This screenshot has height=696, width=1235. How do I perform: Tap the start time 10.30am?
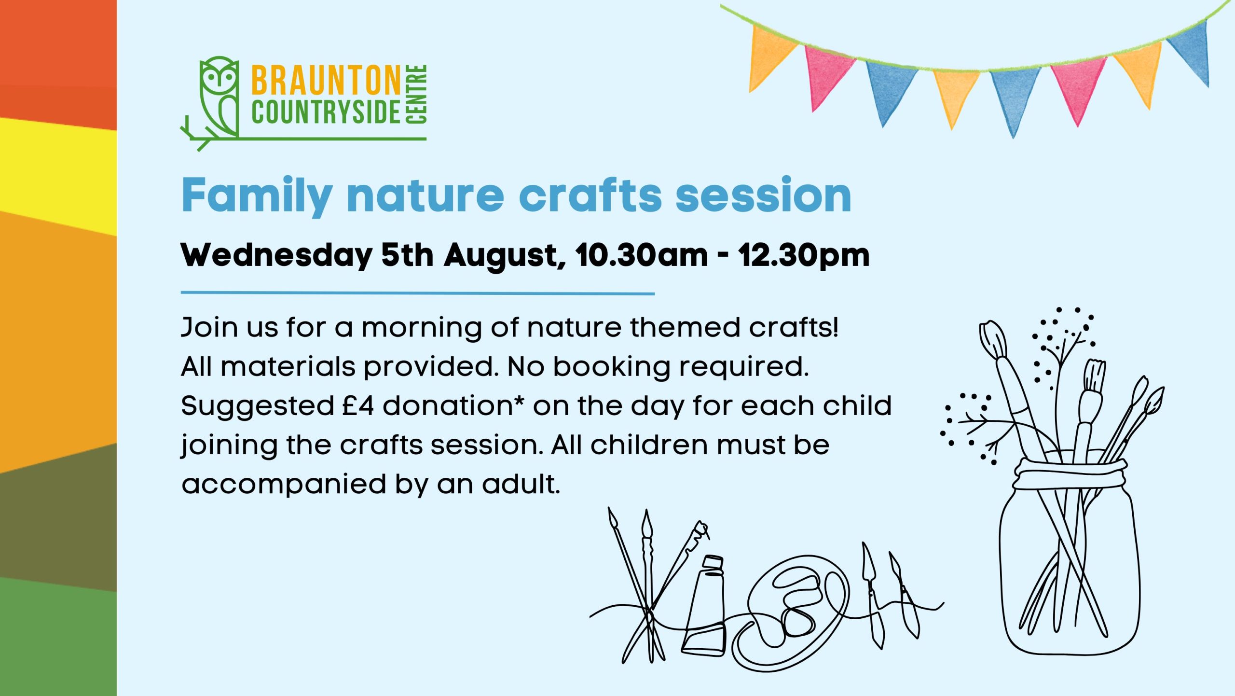tap(642, 255)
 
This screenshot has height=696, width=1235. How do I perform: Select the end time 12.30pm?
tap(804, 256)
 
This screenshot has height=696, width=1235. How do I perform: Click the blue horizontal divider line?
tap(418, 293)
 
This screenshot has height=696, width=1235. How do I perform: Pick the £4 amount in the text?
tap(358, 405)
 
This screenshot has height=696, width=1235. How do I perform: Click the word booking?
tap(612, 368)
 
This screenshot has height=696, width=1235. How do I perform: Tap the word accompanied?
tap(284, 485)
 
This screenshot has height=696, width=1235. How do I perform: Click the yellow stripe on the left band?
tap(58, 176)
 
